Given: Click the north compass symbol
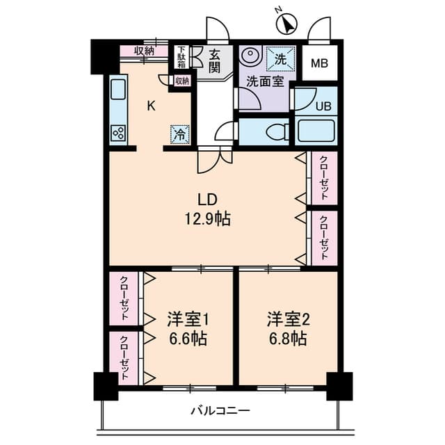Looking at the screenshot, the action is (286, 23).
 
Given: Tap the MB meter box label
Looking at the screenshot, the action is (320, 63).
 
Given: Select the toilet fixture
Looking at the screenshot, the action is (277, 132).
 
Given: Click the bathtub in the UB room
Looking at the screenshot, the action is (316, 131).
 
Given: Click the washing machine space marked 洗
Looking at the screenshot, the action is (280, 59).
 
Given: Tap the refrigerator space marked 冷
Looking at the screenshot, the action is (180, 134).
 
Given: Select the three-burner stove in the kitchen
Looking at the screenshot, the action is (118, 133).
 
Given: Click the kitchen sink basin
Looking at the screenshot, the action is (118, 90).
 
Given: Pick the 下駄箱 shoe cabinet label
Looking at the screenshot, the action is (181, 57).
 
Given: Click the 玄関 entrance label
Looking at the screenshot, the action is (215, 61).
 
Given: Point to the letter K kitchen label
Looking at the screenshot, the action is (152, 106).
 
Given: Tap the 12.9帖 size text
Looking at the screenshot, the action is (208, 219).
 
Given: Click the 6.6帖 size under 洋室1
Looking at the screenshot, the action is (188, 339).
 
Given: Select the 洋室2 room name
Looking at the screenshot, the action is (288, 319).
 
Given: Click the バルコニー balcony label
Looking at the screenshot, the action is (220, 411).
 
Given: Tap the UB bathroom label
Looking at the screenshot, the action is (323, 106).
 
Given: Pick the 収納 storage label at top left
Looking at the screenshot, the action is (144, 51).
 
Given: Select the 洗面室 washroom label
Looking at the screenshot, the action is (265, 82).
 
